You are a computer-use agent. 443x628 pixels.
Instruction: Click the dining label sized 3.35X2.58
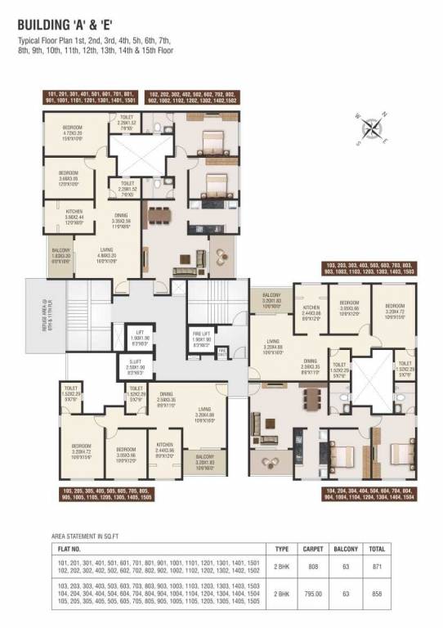click(x=119, y=218)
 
